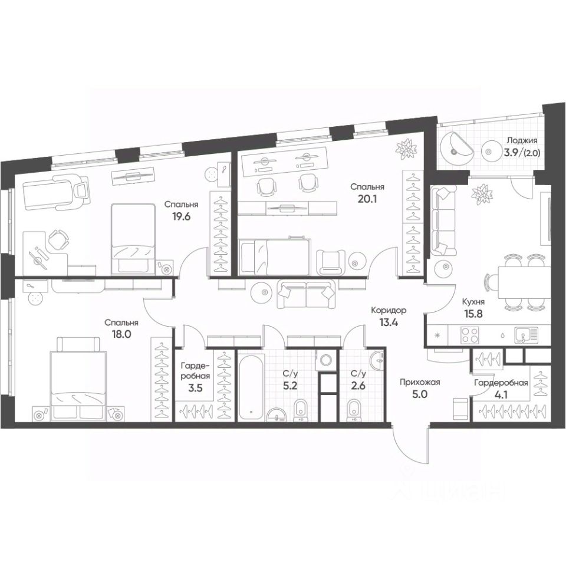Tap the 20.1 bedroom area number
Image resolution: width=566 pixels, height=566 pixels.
pyautogui.click(x=367, y=199)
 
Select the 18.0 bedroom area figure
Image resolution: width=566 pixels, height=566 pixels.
pyautogui.click(x=121, y=334)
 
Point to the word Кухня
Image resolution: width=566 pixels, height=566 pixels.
pyautogui.click(x=473, y=302)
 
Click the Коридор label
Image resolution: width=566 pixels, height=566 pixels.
pyautogui.click(x=389, y=310)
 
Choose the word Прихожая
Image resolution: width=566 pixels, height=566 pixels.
pyautogui.click(x=420, y=382)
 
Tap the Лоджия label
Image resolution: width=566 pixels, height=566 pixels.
pyautogui.click(x=522, y=140)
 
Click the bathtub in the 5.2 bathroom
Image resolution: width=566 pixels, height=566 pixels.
pyautogui.click(x=251, y=385)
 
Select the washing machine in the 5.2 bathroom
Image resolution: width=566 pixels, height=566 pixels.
pyautogui.click(x=327, y=360)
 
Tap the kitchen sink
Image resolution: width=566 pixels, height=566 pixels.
pyautogui.click(x=526, y=335)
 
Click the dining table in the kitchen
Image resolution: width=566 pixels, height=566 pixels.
pyautogui.click(x=524, y=283)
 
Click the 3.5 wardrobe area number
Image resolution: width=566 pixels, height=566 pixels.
pyautogui.click(x=196, y=388)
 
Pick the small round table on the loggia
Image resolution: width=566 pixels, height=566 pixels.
pyautogui.click(x=490, y=152)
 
